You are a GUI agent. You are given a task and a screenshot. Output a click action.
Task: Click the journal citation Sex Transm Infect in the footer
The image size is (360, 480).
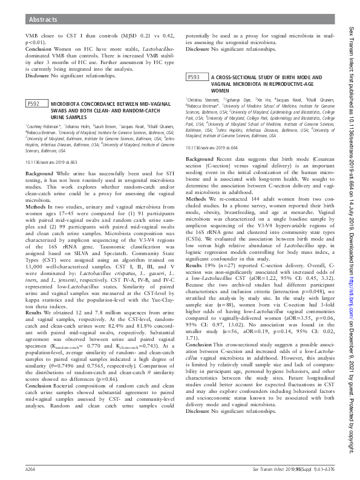(269, 469)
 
